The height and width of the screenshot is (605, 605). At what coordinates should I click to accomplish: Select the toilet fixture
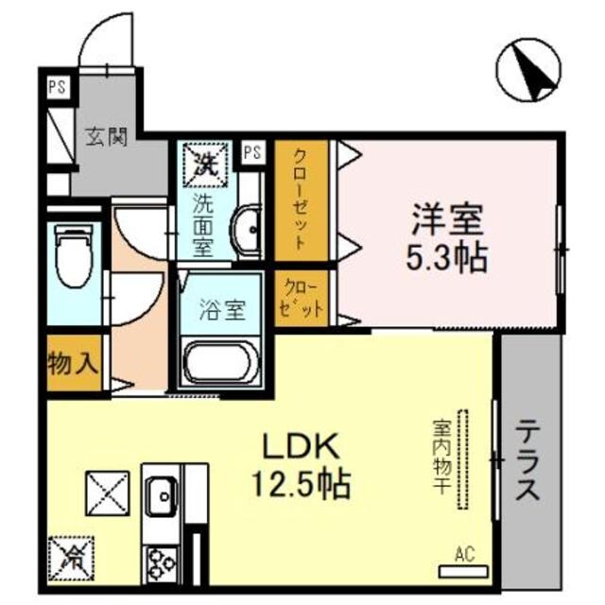(71, 256)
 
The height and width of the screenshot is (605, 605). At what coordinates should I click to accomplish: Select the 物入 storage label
(72, 361)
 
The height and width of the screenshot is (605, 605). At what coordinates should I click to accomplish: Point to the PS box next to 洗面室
(252, 151)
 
